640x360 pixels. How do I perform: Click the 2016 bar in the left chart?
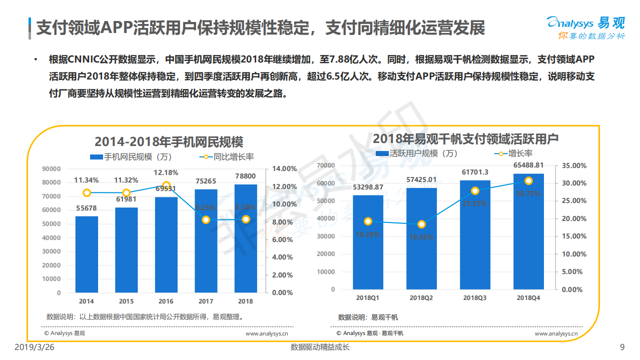tap(166, 245)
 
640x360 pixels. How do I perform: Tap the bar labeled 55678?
tap(87, 254)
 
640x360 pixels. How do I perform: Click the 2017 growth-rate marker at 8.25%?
tap(206, 219)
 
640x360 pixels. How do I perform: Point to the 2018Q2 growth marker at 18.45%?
tap(422, 224)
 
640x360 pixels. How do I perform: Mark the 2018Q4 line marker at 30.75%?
tap(528, 181)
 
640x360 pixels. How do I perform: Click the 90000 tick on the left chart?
tap(52, 169)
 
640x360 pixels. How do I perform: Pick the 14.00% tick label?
tap(282, 169)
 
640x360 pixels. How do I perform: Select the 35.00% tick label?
tap(571, 165)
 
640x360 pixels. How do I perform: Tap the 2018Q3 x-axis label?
tap(475, 298)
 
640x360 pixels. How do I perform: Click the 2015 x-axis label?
tap(126, 301)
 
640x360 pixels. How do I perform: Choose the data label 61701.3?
tap(475, 172)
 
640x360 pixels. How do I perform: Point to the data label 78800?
tap(245, 176)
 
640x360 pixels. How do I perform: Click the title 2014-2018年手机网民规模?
tap(169, 141)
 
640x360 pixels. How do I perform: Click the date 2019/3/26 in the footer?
tap(34, 347)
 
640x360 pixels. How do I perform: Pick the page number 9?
tap(622, 347)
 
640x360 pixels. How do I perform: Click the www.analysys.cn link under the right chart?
tap(556, 333)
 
